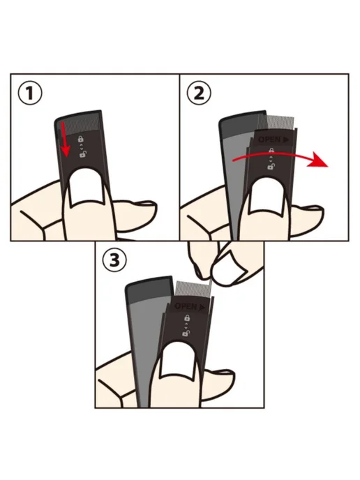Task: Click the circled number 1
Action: coord(30,93)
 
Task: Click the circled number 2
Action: coord(199,93)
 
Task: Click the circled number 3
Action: coord(114,261)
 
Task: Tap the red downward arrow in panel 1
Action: coord(65,138)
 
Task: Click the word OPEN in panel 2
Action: coord(269,140)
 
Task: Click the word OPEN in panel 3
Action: coord(186,306)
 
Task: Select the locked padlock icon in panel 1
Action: coord(80,140)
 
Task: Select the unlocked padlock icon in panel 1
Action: coord(82,154)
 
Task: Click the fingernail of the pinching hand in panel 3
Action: coord(230,269)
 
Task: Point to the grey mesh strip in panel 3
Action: coord(195,288)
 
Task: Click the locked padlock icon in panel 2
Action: coord(271,151)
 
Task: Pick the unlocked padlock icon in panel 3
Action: coord(185,333)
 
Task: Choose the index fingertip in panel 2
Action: coord(308,216)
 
